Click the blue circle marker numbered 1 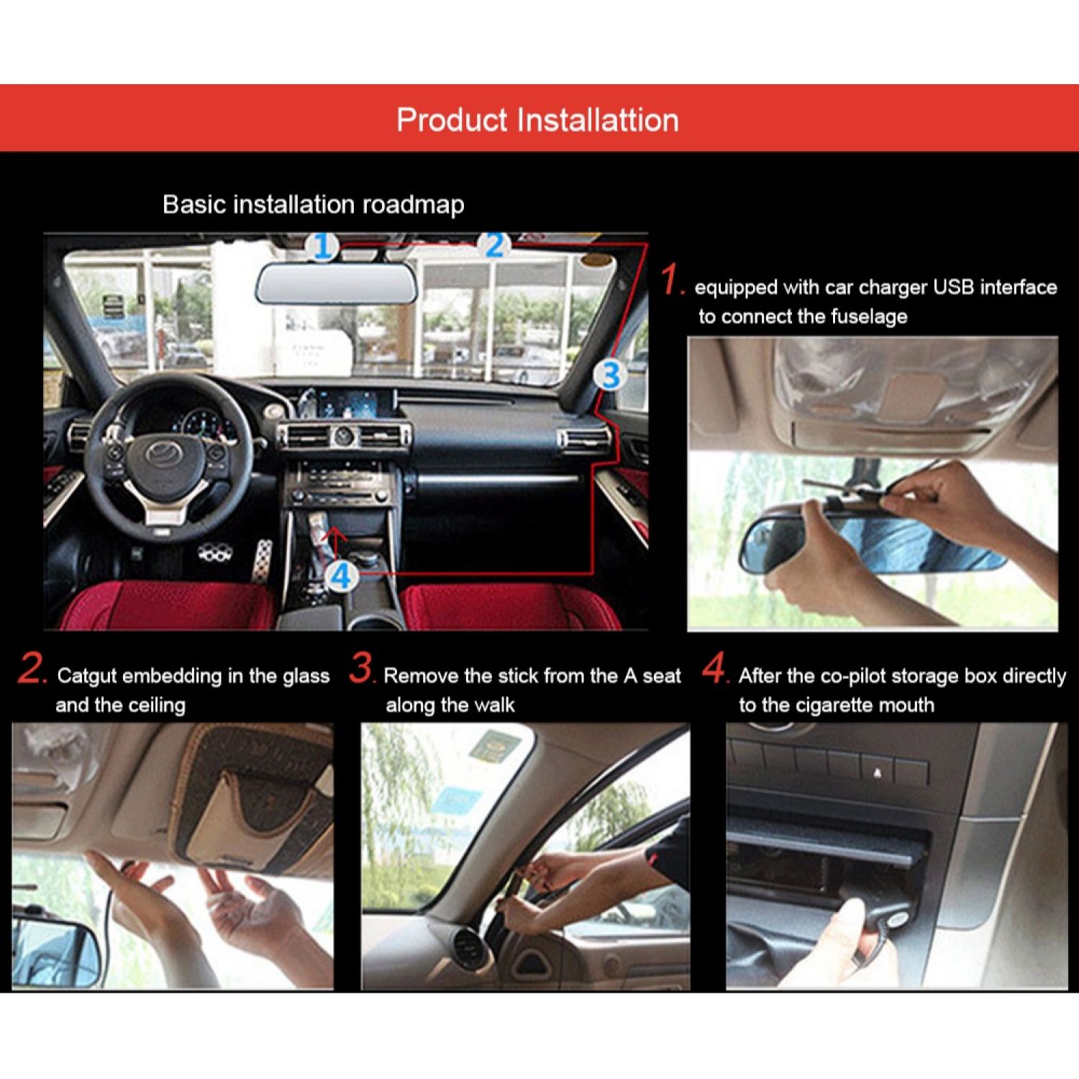tap(324, 247)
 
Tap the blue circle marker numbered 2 tap(495, 246)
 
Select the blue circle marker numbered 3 tap(611, 375)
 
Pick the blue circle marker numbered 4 tap(342, 575)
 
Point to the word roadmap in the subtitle tap(413, 205)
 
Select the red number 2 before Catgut tap(33, 668)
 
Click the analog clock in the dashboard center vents tap(344, 436)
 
